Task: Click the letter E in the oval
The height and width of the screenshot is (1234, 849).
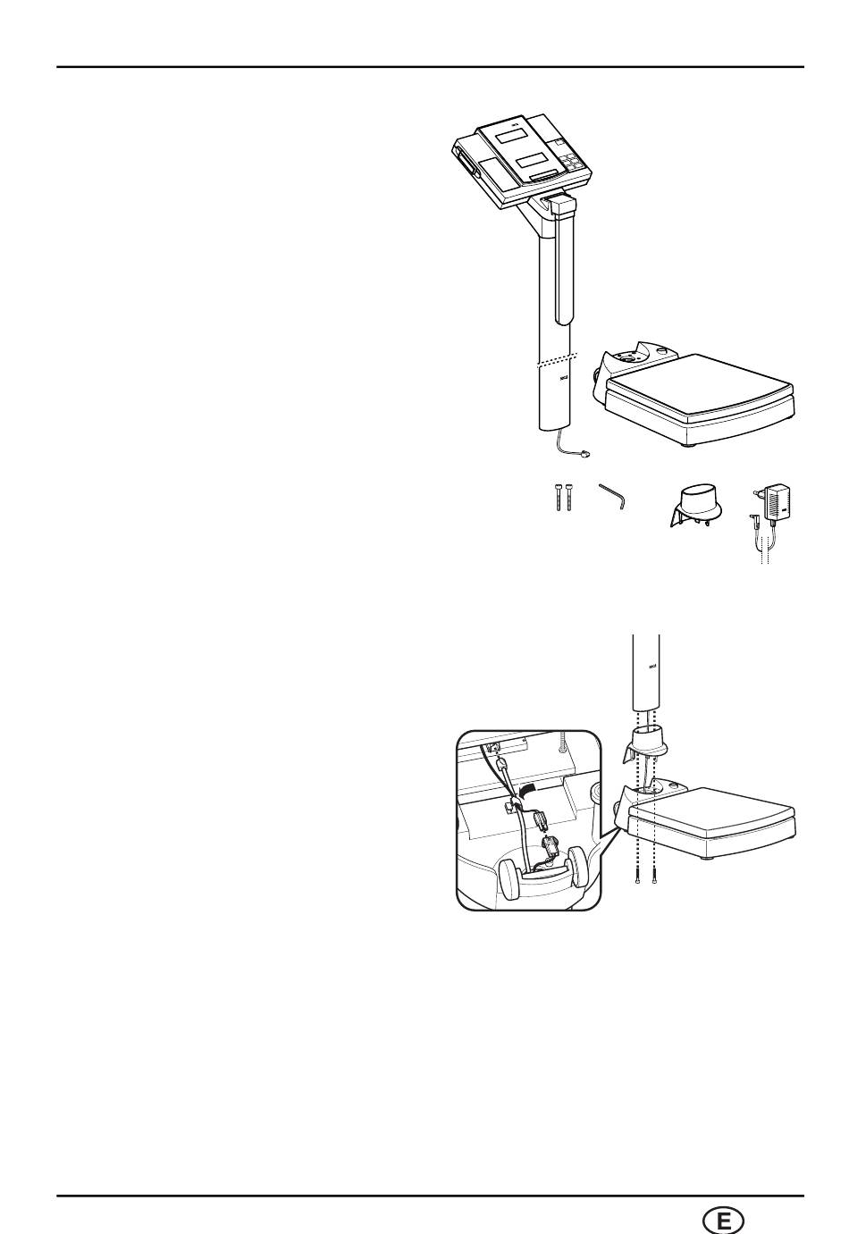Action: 724,1220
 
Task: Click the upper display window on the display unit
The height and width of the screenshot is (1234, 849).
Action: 510,136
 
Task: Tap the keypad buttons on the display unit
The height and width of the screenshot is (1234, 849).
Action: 571,164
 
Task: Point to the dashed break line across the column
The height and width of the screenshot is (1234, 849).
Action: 553,359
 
